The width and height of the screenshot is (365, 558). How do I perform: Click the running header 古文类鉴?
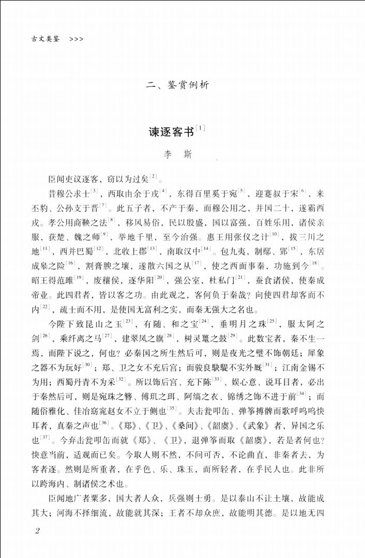[45, 39]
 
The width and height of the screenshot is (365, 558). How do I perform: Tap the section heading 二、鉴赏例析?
[177, 85]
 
